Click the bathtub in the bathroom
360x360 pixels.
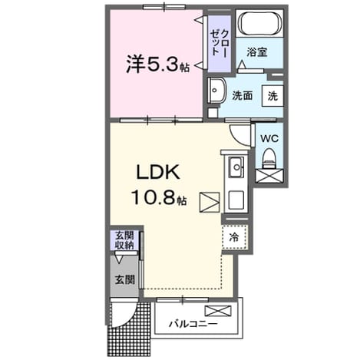[x=259, y=23]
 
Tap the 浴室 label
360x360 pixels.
[x=257, y=52]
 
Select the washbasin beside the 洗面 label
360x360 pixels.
[x=216, y=90]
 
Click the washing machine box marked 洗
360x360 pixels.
[x=272, y=96]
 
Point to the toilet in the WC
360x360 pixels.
[x=269, y=158]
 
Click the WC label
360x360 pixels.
[x=269, y=139]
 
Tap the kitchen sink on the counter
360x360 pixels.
[x=236, y=167]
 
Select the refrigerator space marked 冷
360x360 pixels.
[x=234, y=237]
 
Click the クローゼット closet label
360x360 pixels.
[x=219, y=43]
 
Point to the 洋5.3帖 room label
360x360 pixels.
[x=157, y=64]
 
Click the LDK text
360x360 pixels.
[x=157, y=172]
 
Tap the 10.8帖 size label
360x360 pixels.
[x=159, y=197]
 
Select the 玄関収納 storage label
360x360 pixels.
[x=124, y=240]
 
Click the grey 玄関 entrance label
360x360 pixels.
[x=124, y=279]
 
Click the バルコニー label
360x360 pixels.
[x=193, y=324]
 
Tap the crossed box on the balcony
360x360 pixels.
[x=218, y=311]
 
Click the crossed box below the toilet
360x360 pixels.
[x=269, y=176]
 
